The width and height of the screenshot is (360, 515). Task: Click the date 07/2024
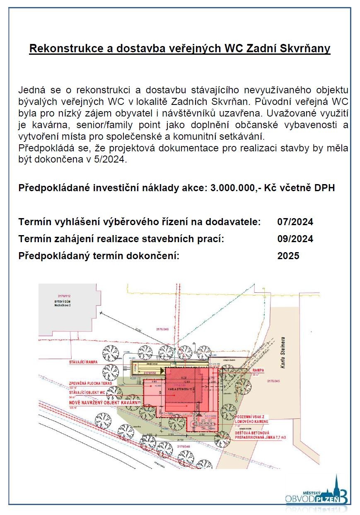[295, 222]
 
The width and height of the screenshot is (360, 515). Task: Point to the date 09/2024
[295, 239]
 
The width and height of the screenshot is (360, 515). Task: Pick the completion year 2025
[288, 256]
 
